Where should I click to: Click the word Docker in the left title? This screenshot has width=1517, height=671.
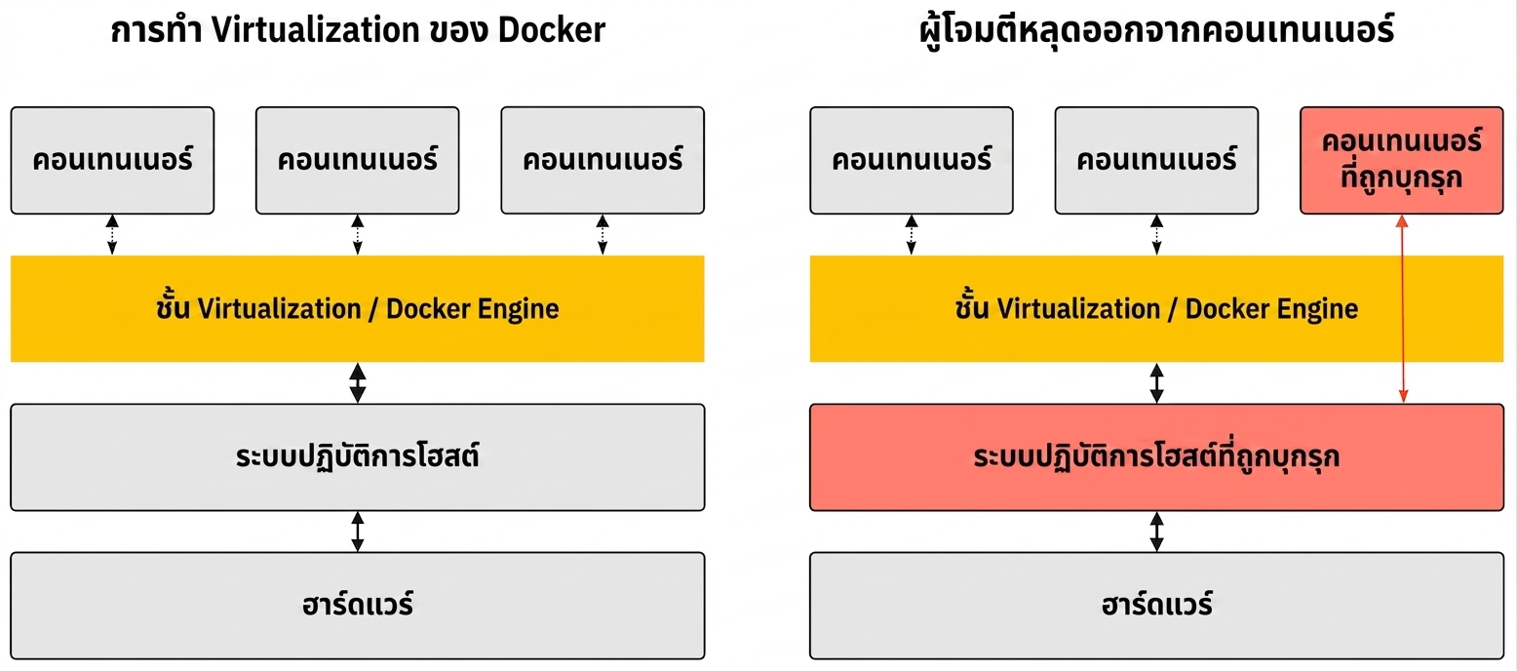(x=551, y=30)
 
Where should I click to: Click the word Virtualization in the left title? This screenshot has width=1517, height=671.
(x=316, y=30)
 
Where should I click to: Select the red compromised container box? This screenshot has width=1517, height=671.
(x=1401, y=161)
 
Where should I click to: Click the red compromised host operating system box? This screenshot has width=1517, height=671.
(x=1156, y=457)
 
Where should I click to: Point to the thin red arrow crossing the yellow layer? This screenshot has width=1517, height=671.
(x=1403, y=309)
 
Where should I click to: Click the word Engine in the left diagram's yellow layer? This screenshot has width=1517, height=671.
(x=518, y=309)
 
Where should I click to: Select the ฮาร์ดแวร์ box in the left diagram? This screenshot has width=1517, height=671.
(x=358, y=606)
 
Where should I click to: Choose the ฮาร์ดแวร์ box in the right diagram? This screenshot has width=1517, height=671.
(x=1156, y=606)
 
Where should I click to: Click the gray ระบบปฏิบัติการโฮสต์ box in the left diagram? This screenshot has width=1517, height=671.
(x=358, y=457)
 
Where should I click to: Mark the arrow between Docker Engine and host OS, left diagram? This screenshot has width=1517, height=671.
(x=358, y=383)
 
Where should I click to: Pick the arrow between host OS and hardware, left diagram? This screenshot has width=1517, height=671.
(x=358, y=532)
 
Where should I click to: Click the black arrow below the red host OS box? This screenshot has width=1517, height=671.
(x=1156, y=532)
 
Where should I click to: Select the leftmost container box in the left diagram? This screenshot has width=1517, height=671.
(x=112, y=161)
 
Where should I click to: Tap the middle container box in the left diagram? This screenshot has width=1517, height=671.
(x=358, y=161)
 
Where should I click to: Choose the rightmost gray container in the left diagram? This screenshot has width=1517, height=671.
(x=603, y=161)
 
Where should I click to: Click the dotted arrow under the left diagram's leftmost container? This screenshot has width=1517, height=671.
(x=112, y=234)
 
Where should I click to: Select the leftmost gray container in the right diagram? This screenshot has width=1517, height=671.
(x=912, y=161)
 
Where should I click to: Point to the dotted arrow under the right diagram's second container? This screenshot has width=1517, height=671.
(x=1156, y=234)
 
